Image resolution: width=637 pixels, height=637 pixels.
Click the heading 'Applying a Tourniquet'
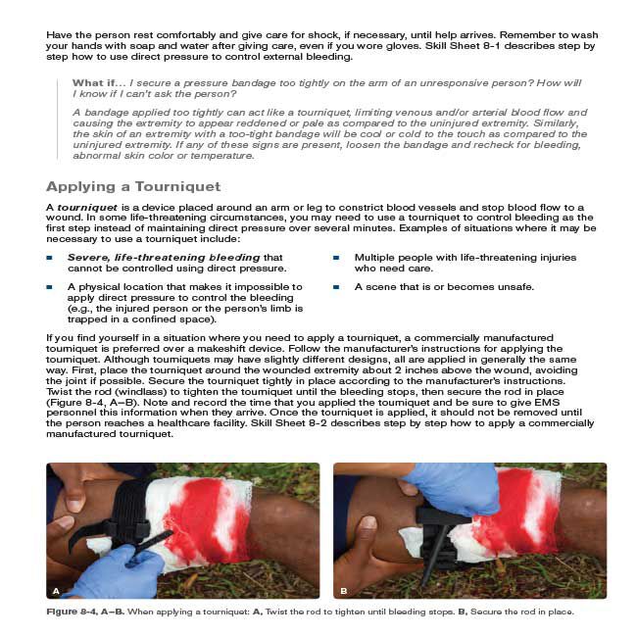pos(133,186)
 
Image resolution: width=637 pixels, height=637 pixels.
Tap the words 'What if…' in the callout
pos(95,81)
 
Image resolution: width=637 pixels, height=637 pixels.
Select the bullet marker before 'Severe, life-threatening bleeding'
pos(49,258)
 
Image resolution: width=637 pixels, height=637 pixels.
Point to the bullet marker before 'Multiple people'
pos(335,258)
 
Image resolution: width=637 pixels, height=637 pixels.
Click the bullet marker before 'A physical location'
pos(49,287)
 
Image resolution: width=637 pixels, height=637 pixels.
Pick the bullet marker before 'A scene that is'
pos(335,287)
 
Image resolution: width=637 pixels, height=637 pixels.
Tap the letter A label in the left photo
pos(56,590)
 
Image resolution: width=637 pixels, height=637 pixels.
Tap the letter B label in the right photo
pos(344,590)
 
